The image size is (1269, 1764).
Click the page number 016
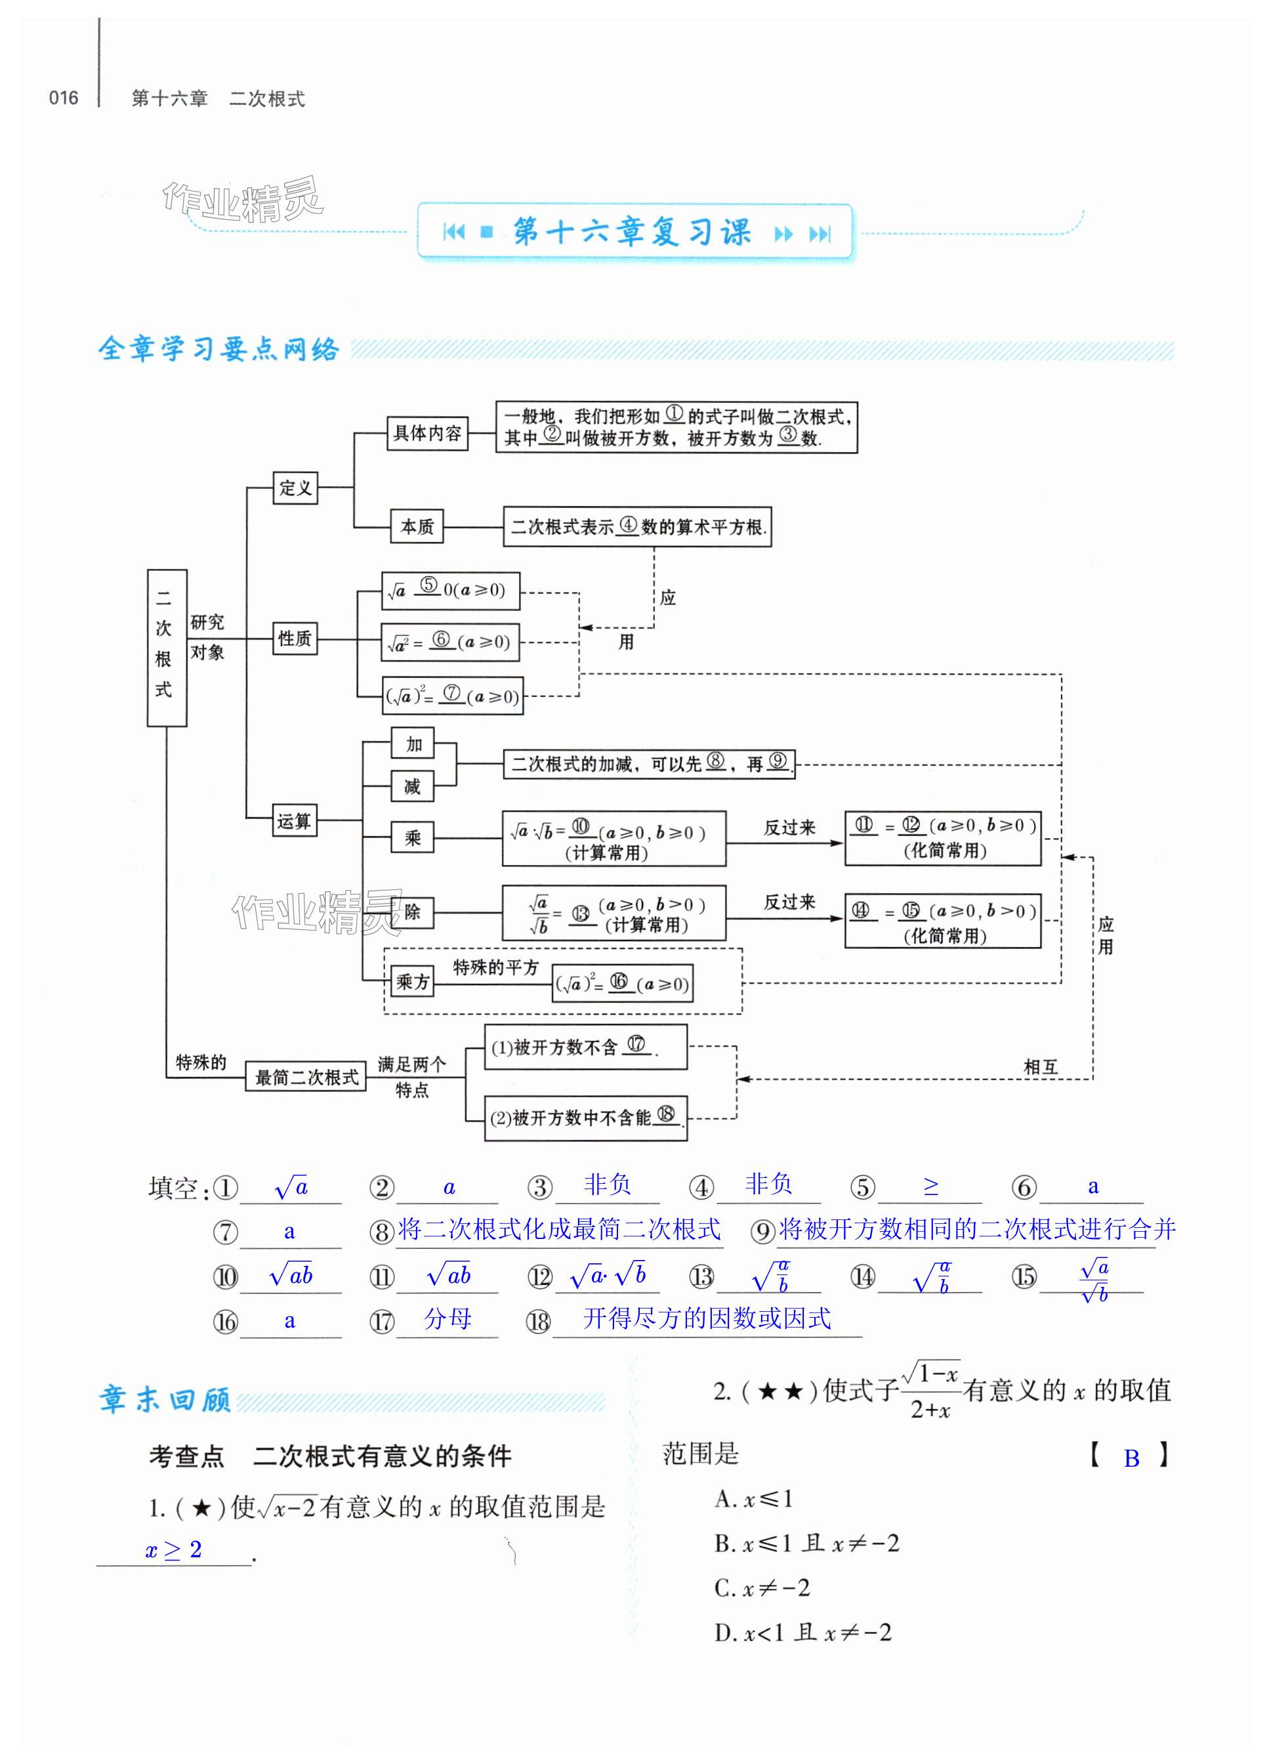point(63,98)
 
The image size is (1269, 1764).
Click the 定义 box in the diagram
point(295,488)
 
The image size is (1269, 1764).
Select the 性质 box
point(295,639)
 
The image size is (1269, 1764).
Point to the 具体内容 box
point(427,433)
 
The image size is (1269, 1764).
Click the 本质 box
point(416,526)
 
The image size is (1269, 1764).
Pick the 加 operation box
point(413,744)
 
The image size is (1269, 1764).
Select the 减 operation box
point(412,787)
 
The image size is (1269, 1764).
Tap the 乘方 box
point(412,982)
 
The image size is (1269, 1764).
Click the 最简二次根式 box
point(306,1077)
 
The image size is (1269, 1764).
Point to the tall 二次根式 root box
point(167,647)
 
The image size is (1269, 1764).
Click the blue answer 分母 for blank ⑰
point(448,1318)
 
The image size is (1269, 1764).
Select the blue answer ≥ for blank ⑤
point(931,1186)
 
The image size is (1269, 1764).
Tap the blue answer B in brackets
point(1131,1458)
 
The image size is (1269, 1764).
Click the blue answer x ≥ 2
point(173,1549)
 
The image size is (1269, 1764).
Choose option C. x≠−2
point(762,1587)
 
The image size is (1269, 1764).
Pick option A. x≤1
point(753,1499)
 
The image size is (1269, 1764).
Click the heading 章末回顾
point(165,1399)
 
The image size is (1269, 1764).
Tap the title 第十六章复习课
point(631,232)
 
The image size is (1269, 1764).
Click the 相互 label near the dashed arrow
point(1041,1066)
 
